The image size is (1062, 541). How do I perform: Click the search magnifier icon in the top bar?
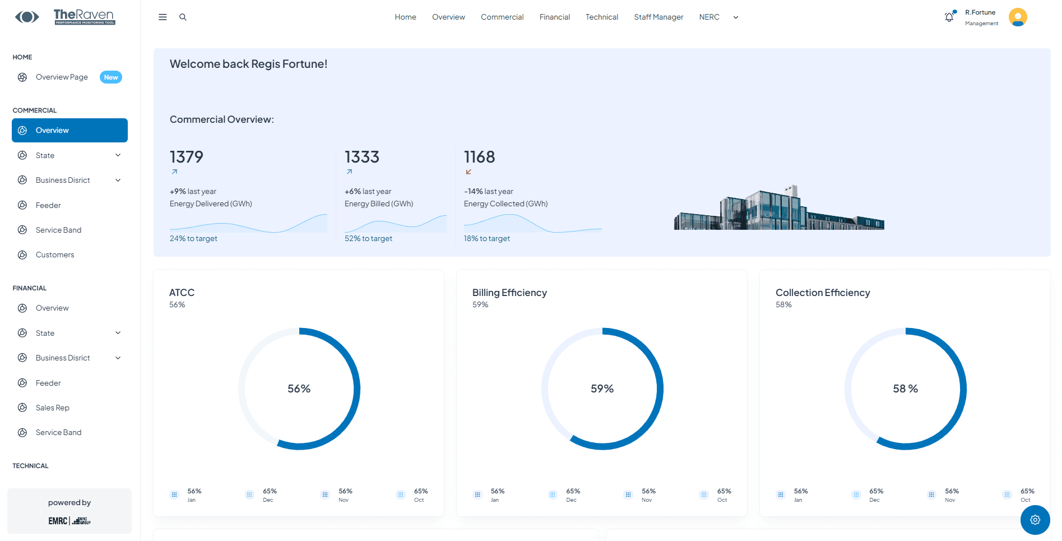pyautogui.click(x=183, y=17)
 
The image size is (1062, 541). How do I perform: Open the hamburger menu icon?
pyautogui.click(x=163, y=17)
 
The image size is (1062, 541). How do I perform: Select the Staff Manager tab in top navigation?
pyautogui.click(x=658, y=17)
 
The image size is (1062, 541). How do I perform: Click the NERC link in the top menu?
pyautogui.click(x=709, y=17)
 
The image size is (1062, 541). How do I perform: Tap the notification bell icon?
pyautogui.click(x=949, y=17)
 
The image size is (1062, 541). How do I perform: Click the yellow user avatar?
pyautogui.click(x=1018, y=17)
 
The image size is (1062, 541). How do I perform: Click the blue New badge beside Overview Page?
pyautogui.click(x=111, y=77)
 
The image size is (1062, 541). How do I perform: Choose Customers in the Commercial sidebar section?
pyautogui.click(x=55, y=255)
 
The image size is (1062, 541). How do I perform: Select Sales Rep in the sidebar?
pyautogui.click(x=53, y=408)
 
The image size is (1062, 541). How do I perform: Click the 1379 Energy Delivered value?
pyautogui.click(x=187, y=157)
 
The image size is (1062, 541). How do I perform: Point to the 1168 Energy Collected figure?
pyautogui.click(x=479, y=157)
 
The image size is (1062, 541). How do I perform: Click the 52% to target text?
pyautogui.click(x=368, y=239)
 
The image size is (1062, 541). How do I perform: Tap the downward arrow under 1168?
pyautogui.click(x=469, y=172)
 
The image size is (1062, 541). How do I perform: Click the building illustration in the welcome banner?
pyautogui.click(x=779, y=210)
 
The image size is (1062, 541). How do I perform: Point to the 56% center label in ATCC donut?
pyautogui.click(x=299, y=389)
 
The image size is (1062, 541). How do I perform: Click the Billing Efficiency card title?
pyautogui.click(x=509, y=293)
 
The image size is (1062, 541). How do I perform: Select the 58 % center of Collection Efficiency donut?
pyautogui.click(x=905, y=389)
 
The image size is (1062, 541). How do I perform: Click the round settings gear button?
pyautogui.click(x=1035, y=520)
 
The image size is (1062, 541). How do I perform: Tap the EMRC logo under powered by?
pyautogui.click(x=58, y=521)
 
